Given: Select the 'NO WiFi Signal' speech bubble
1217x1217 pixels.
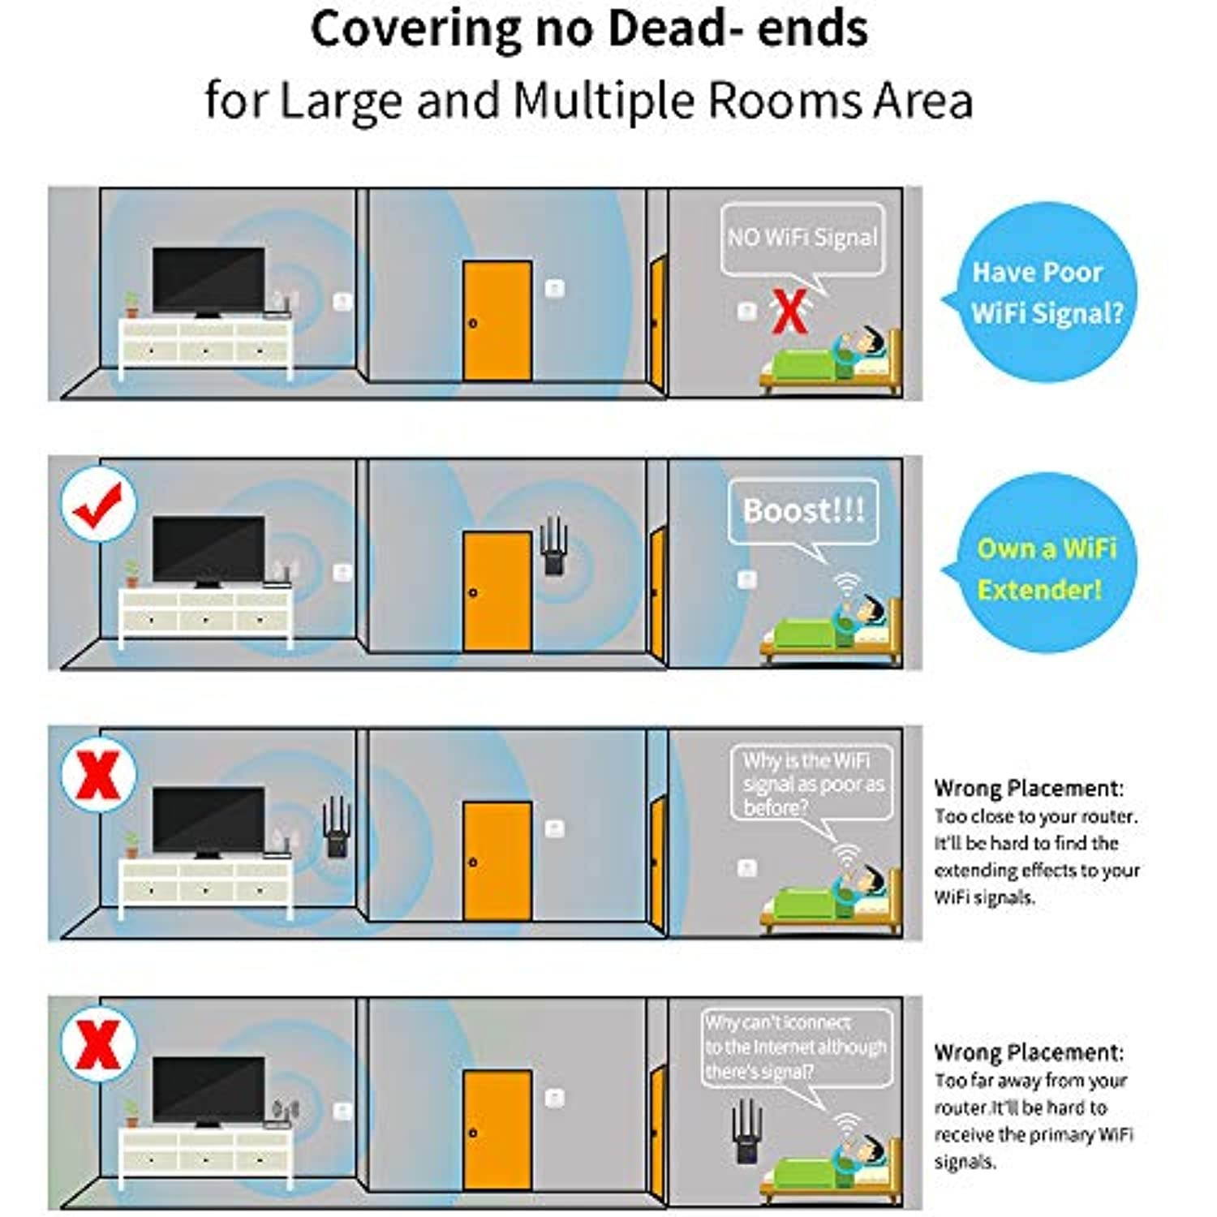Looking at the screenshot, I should (802, 238).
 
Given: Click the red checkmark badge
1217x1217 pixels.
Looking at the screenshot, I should (98, 504).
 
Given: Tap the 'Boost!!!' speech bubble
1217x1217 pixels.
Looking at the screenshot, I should (803, 511).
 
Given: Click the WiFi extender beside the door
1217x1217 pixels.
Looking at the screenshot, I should (554, 546).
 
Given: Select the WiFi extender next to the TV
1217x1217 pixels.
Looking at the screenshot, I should (336, 827).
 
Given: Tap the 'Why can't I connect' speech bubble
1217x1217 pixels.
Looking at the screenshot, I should (796, 1047).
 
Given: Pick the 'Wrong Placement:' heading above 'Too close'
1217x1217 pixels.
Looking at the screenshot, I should (1029, 789).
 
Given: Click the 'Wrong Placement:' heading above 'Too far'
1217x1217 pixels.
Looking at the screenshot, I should (1029, 1053).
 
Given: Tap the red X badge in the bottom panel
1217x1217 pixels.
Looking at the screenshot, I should (98, 1044).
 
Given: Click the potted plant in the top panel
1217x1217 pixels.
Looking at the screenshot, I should (131, 305).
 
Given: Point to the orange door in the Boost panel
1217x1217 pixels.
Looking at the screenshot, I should (497, 591).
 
